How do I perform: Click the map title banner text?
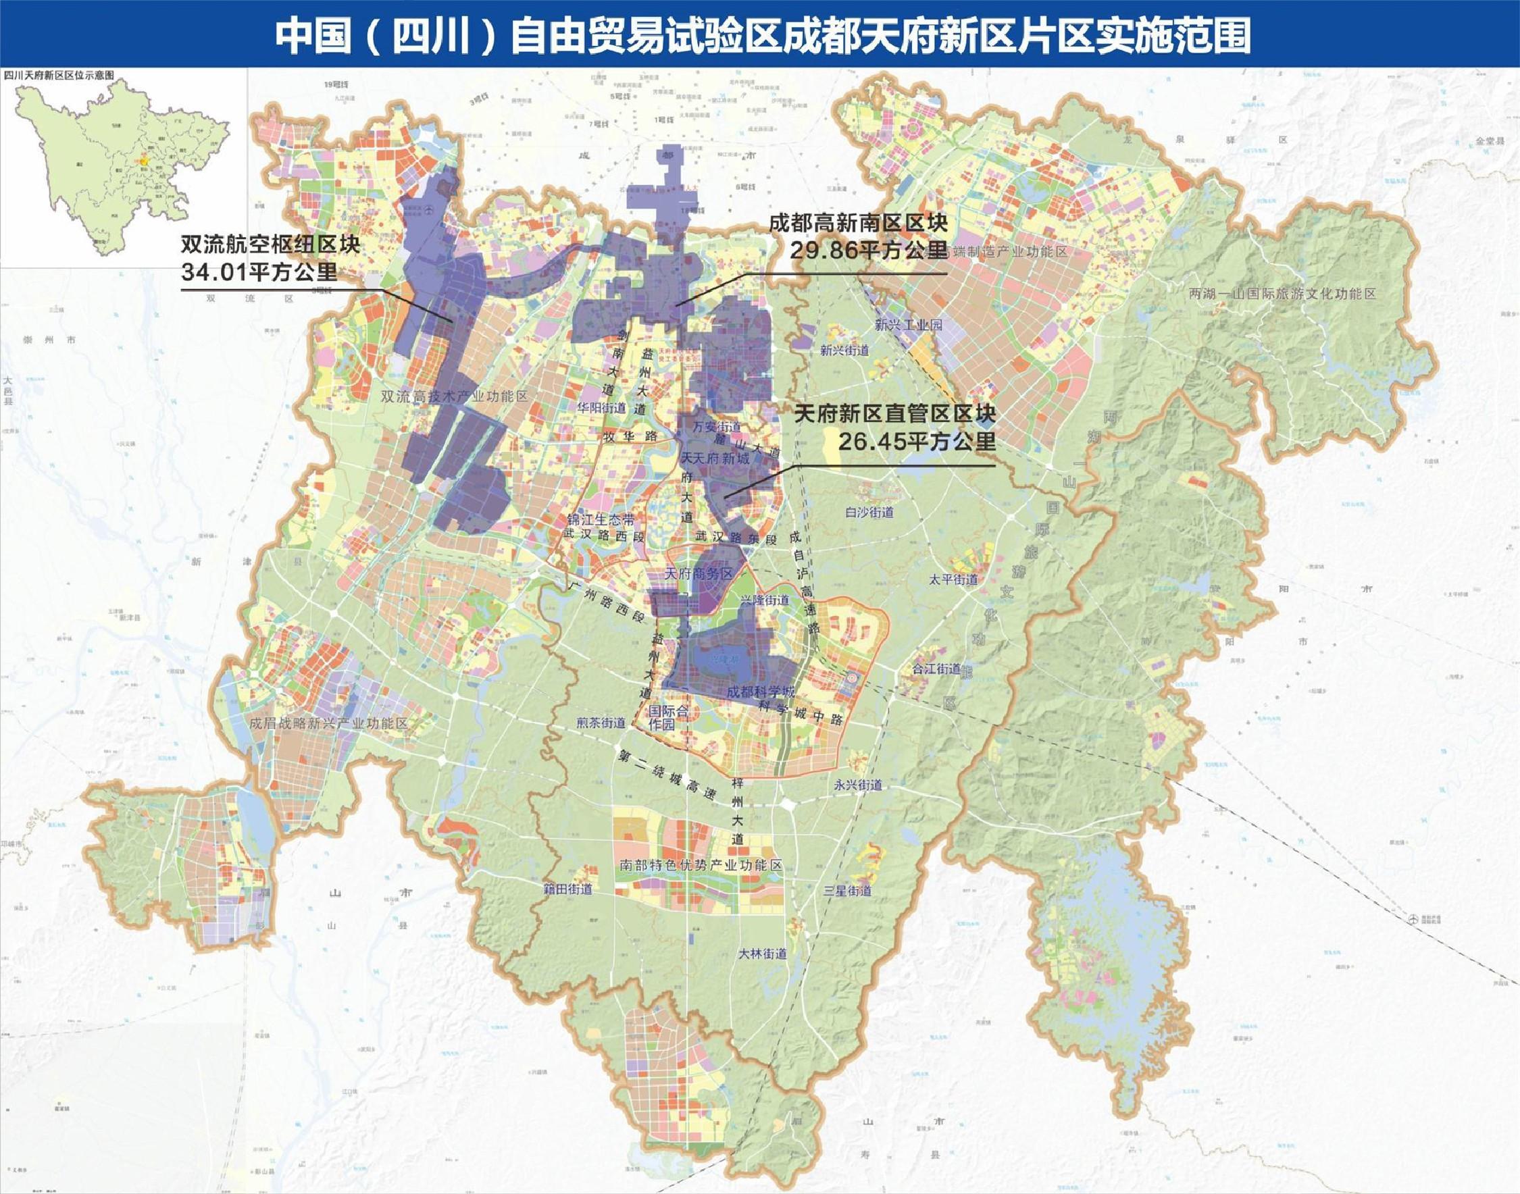[762, 35]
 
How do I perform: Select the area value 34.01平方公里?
[259, 271]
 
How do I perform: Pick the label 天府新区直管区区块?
[894, 414]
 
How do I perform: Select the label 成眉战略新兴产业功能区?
[328, 723]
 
